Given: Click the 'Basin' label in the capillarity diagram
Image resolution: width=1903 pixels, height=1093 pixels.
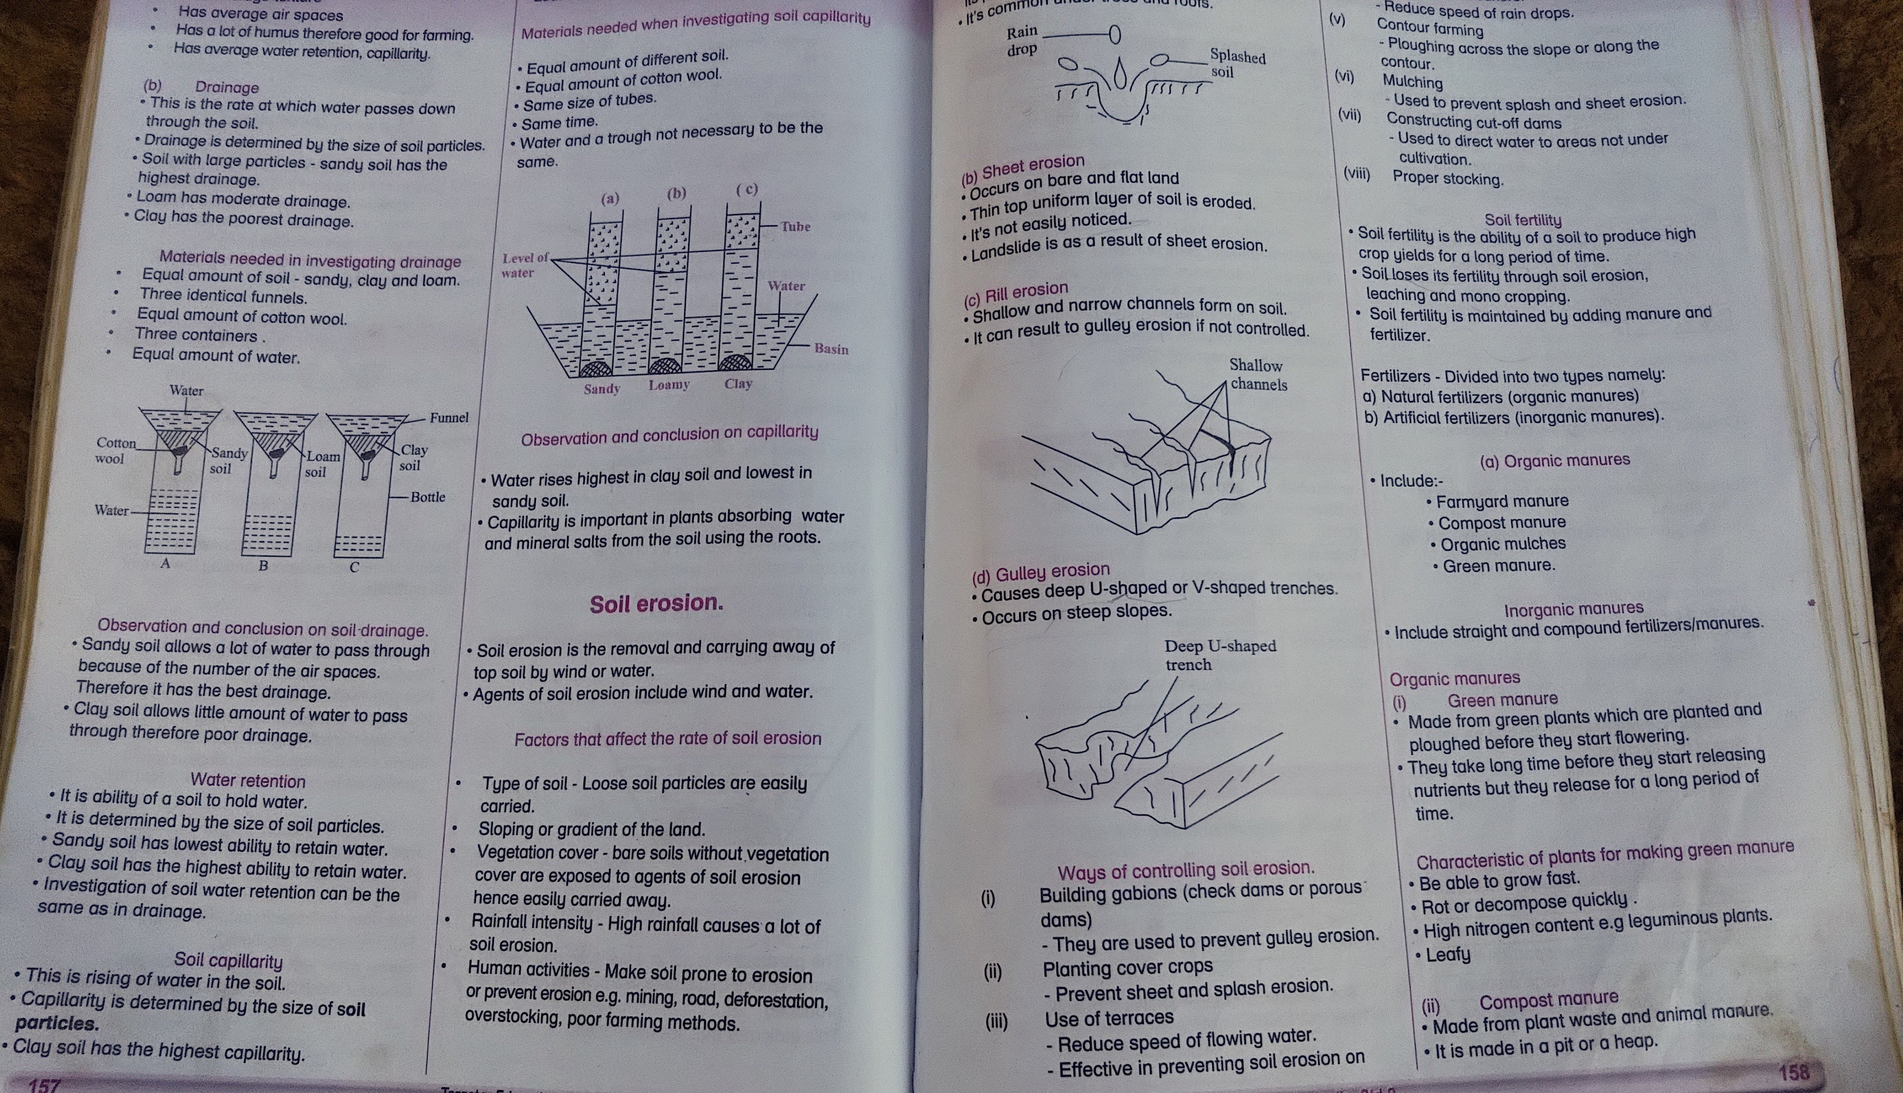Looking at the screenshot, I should tap(831, 349).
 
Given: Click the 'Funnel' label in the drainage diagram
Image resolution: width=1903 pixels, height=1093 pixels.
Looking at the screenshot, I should tap(449, 417).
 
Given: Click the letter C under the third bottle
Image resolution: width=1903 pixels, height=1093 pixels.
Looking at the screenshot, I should tap(355, 567).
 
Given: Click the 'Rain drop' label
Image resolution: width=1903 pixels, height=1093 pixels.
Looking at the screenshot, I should tap(1022, 40).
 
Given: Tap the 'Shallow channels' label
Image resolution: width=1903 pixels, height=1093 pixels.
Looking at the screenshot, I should tap(1257, 374).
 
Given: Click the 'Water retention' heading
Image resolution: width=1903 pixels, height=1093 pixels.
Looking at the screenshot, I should tap(248, 781).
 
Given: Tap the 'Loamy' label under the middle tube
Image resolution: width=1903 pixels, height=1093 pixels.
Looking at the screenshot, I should tap(669, 385).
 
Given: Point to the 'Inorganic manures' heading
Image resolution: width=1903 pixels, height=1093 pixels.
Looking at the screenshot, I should tap(1573, 609).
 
